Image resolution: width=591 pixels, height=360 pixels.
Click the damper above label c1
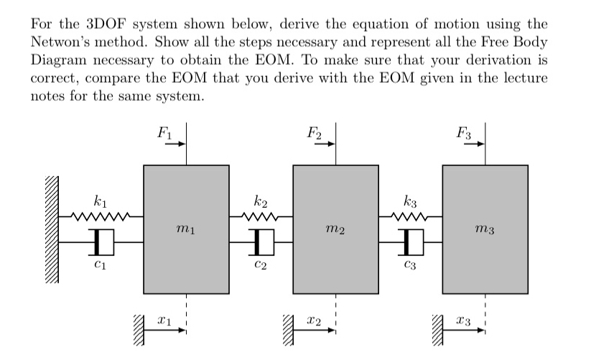[x=102, y=242]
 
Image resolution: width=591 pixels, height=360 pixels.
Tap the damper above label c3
[x=411, y=242]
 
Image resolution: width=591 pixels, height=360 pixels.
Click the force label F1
[x=165, y=132]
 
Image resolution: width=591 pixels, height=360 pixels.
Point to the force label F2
[x=315, y=132]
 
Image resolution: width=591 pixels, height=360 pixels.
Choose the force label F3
[x=464, y=132]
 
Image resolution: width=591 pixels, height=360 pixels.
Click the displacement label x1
[x=164, y=321]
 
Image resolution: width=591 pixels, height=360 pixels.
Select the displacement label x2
[x=314, y=321]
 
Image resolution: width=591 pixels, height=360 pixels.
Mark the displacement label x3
[x=463, y=321]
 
